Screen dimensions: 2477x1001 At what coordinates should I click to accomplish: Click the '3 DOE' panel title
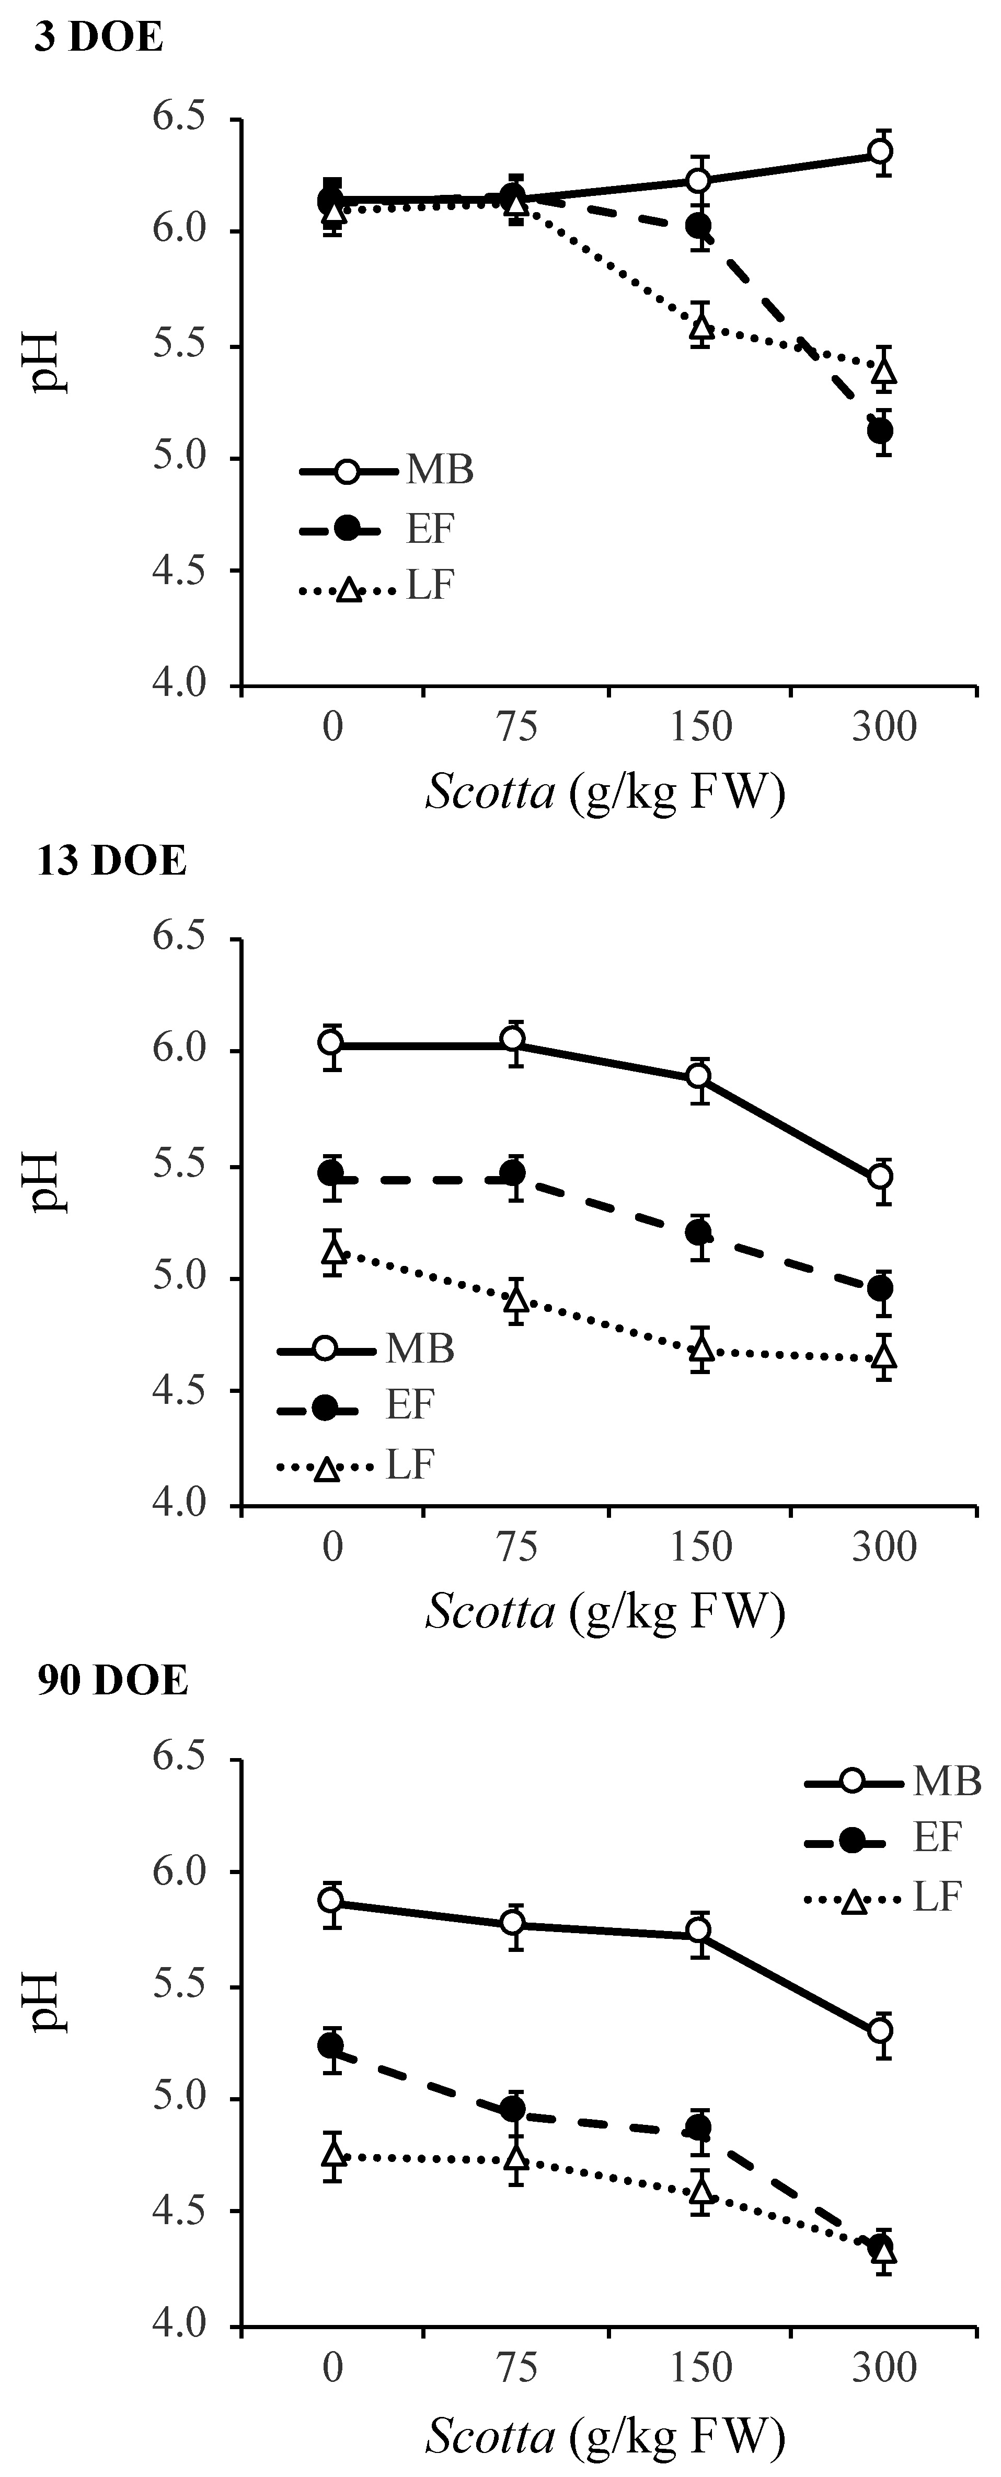[x=99, y=39]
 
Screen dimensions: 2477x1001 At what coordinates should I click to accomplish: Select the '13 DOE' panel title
[x=111, y=860]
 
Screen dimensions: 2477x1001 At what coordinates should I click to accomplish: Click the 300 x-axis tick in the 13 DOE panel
[x=884, y=1546]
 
